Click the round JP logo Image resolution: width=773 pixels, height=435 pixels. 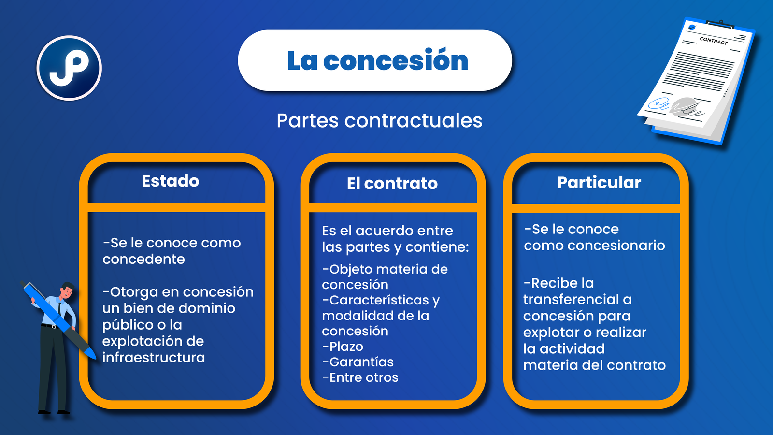[69, 68]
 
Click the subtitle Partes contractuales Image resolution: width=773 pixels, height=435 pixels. [379, 120]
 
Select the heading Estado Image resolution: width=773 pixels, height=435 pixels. [171, 181]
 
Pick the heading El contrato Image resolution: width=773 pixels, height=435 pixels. [392, 183]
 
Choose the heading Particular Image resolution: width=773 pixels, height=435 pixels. [599, 182]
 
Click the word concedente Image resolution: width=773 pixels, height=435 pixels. [143, 259]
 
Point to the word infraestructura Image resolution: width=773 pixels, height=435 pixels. [154, 357]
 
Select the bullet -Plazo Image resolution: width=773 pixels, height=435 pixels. [343, 346]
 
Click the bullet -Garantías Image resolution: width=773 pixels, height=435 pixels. [358, 362]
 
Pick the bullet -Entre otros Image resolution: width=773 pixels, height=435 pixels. [360, 377]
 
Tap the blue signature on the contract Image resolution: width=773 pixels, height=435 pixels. [658, 103]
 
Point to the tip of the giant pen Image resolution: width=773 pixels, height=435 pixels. [95, 358]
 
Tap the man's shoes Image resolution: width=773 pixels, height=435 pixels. [54, 412]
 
